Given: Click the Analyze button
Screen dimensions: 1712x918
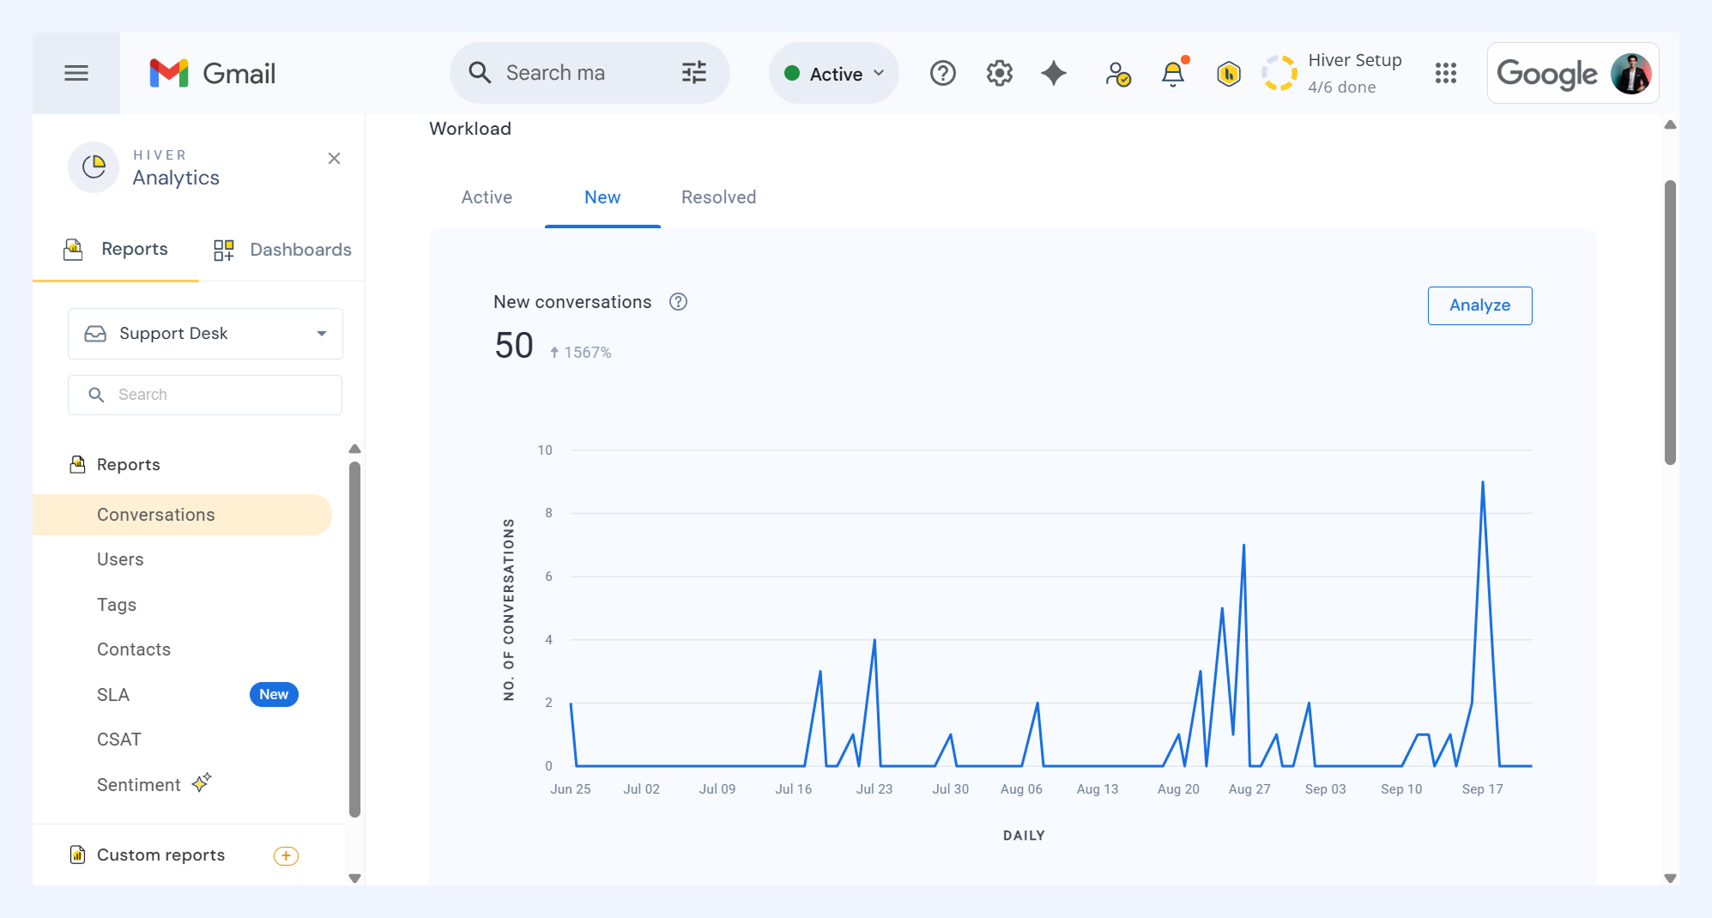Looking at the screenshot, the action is point(1479,305).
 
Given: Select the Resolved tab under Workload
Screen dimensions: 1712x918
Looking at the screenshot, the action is point(718,197).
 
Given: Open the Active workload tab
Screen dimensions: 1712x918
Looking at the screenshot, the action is point(487,197).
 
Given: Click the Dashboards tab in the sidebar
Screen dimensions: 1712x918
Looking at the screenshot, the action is point(282,250).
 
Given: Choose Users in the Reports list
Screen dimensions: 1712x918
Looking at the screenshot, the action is point(120,559).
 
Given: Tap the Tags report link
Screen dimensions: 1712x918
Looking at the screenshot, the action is point(117,605).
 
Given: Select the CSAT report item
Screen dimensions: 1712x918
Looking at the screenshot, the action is point(119,740).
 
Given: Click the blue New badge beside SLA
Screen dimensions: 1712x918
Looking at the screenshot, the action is point(274,694).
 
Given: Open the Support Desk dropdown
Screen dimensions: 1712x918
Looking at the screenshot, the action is point(205,334).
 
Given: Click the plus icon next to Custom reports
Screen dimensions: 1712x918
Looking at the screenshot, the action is point(286,855).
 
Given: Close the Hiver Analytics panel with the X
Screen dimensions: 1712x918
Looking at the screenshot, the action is point(335,159).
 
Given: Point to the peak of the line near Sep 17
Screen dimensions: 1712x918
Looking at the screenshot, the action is point(1482,482).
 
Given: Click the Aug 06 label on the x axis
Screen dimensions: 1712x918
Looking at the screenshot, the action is point(1021,789).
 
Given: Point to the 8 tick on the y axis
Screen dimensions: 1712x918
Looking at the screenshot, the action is point(548,513).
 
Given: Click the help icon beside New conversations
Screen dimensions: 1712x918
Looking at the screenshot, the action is point(678,302).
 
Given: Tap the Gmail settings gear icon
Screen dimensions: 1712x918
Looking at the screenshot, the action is point(999,74).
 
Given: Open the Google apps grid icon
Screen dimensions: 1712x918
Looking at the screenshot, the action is point(1446,74).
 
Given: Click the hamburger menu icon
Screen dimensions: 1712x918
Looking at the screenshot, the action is point(76,73).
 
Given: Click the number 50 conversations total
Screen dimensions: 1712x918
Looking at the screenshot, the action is point(514,346).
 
